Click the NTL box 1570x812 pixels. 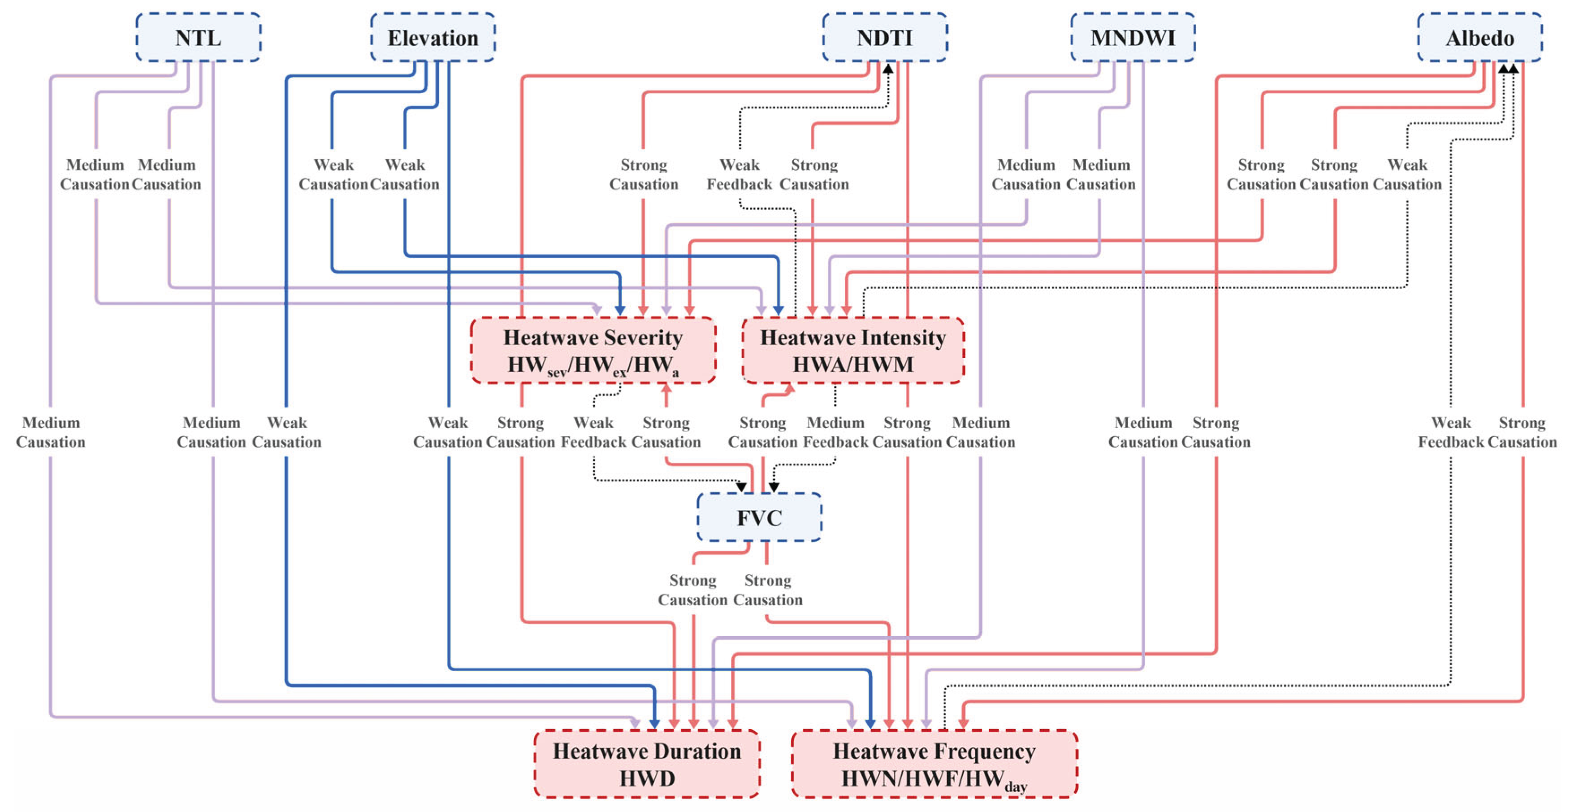(198, 38)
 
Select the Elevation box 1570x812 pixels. (433, 38)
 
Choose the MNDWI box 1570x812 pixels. (1133, 38)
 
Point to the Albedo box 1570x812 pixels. (1480, 38)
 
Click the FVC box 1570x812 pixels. (759, 517)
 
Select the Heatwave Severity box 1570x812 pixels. (593, 351)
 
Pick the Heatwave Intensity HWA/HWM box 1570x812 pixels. (852, 351)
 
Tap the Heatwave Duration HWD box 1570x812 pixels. (647, 764)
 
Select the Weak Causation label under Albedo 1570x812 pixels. (1407, 174)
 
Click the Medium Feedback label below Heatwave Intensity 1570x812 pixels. (835, 432)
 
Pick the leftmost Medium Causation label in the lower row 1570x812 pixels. (51, 432)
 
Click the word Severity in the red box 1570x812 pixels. (643, 337)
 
